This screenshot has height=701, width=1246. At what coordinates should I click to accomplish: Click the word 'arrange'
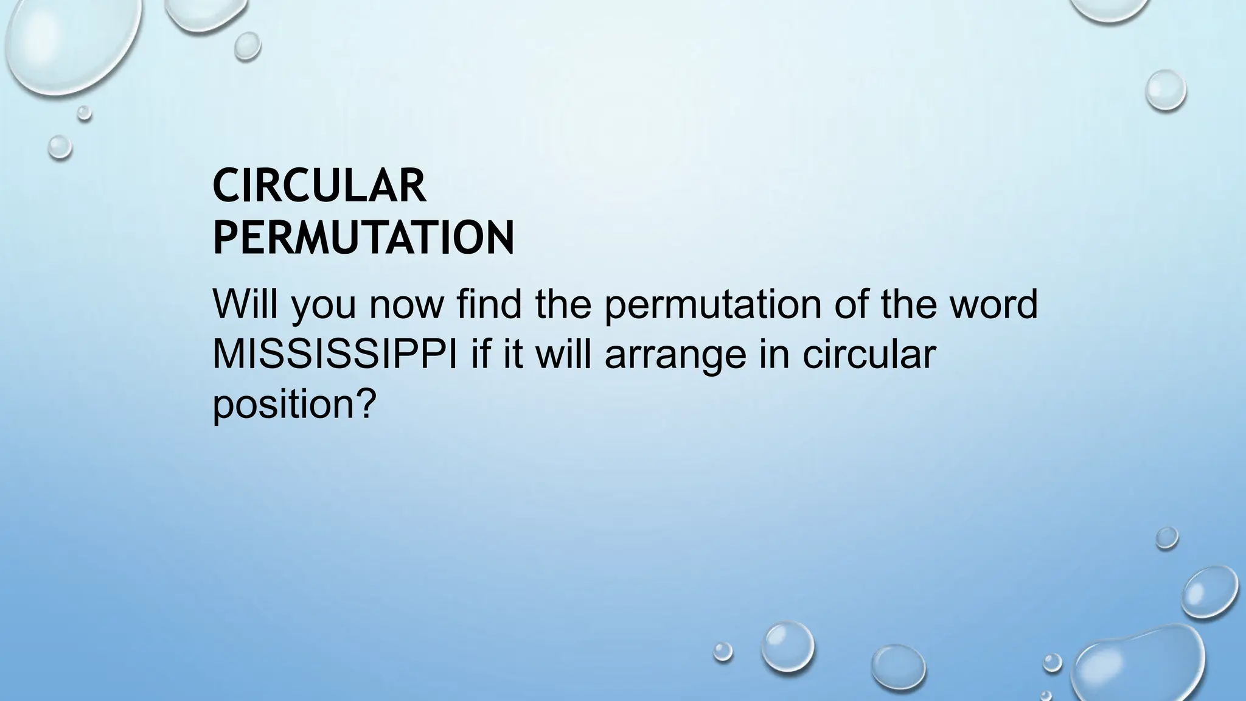(675, 355)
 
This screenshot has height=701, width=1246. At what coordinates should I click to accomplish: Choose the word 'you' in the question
(323, 306)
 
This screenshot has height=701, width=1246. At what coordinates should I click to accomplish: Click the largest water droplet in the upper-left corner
(67, 43)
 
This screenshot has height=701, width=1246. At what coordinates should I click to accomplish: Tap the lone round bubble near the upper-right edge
(1165, 90)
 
